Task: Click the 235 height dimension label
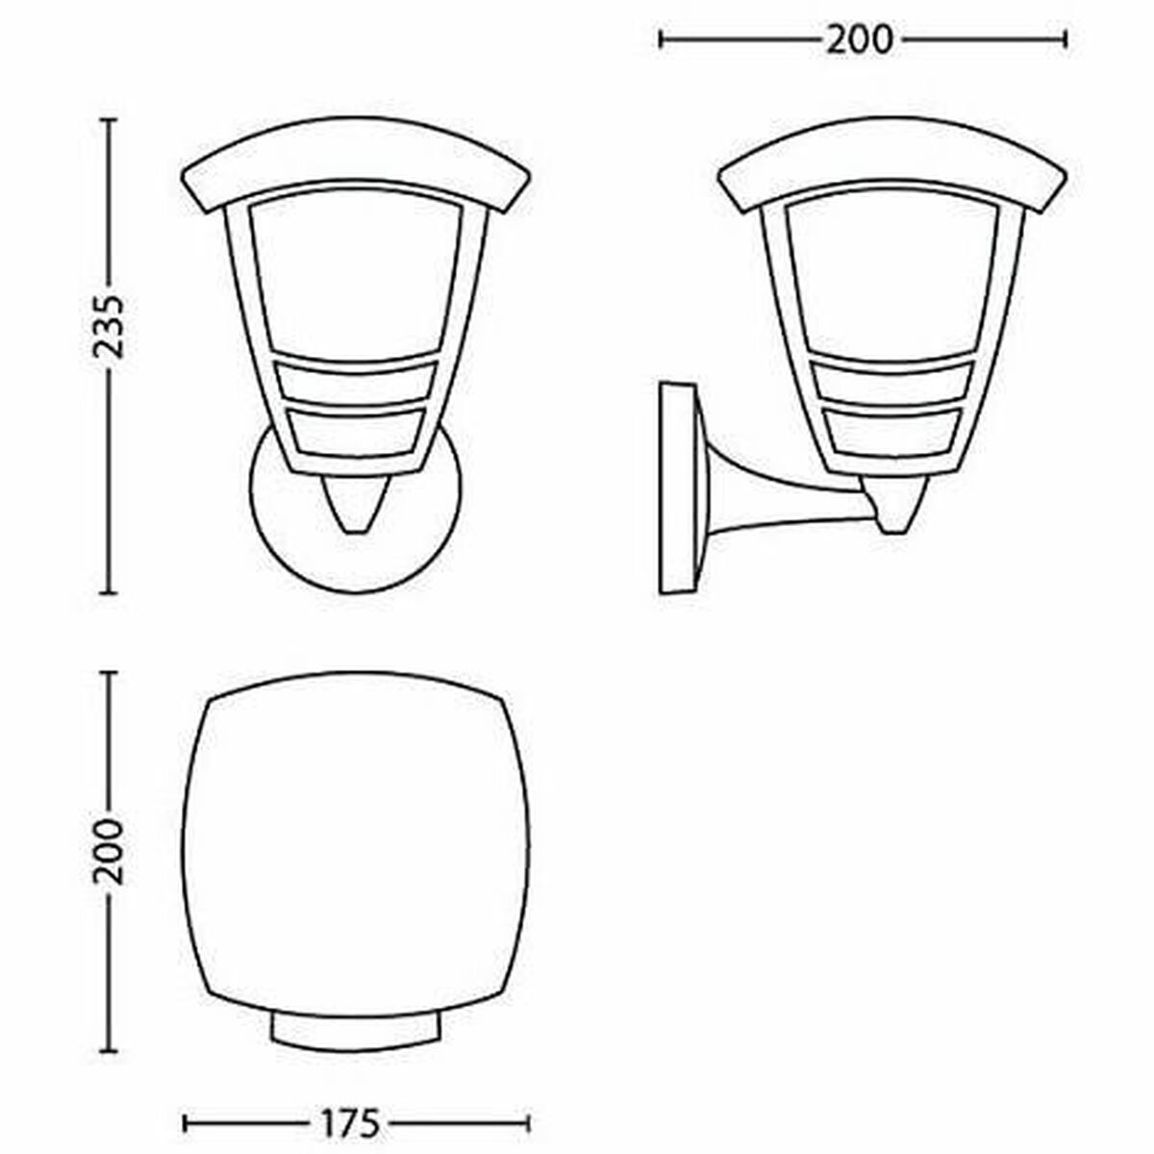pyautogui.click(x=109, y=327)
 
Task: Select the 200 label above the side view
pyautogui.click(x=860, y=38)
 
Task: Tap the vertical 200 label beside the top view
pyautogui.click(x=109, y=852)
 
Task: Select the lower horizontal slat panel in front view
pyautogui.click(x=355, y=430)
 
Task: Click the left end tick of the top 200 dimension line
pyautogui.click(x=662, y=38)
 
